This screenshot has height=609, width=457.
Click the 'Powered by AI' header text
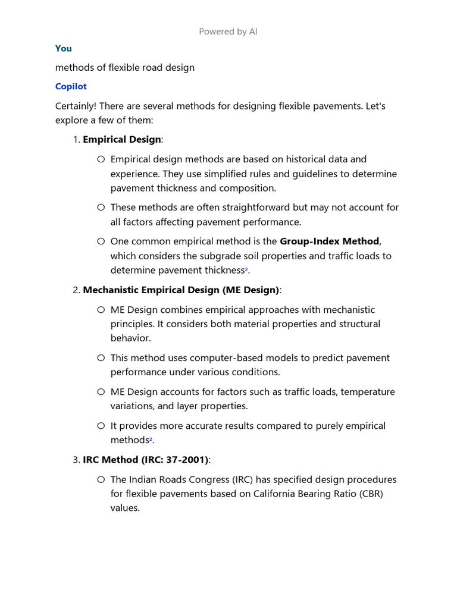click(228, 32)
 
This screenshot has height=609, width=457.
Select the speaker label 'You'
click(63, 48)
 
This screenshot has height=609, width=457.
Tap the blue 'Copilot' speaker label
click(71, 86)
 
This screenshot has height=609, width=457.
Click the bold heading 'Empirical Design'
click(121, 139)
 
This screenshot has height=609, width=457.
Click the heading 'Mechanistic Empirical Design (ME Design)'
click(181, 290)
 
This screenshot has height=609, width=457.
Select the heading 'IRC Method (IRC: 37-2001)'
click(146, 460)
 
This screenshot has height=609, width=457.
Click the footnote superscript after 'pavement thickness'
click(246, 269)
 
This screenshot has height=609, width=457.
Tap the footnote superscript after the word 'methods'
click(151, 440)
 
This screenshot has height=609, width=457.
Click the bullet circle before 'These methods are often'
click(101, 208)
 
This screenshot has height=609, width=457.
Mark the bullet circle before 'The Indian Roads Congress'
click(101, 479)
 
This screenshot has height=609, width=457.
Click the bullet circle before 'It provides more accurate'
click(101, 426)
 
